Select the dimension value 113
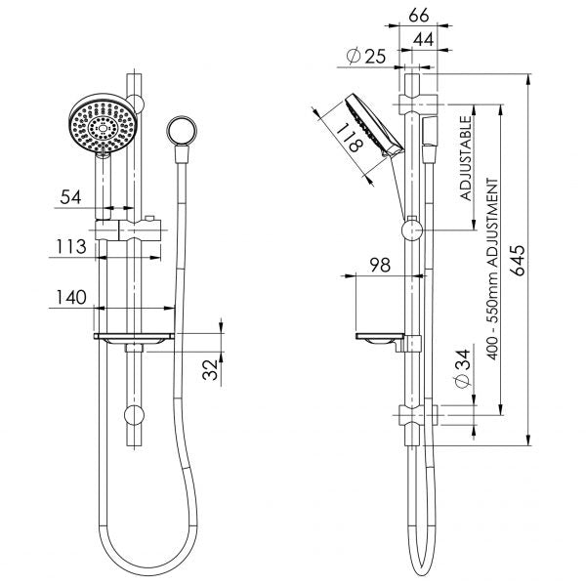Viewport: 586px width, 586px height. coord(70,248)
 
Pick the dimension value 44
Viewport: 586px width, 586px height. coord(425,38)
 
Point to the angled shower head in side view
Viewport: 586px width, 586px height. coord(369,125)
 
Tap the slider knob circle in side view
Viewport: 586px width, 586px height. coord(411,230)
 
